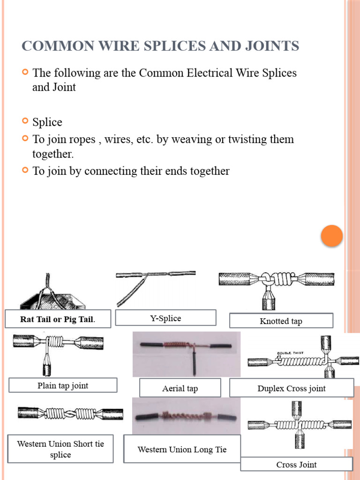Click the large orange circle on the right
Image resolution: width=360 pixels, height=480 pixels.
coord(332,236)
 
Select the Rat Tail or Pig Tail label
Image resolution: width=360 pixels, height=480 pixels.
coord(58,320)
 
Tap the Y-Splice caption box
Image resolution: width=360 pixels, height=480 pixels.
coord(165,318)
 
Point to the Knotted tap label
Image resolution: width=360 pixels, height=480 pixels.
coord(281,321)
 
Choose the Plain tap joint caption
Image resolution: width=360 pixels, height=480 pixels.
coord(63,386)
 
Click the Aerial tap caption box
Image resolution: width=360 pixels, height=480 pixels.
coord(180,388)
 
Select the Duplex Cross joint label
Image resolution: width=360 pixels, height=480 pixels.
coord(291,388)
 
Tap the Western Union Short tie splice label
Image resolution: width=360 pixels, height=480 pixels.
coord(60,449)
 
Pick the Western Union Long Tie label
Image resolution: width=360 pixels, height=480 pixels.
coord(182,450)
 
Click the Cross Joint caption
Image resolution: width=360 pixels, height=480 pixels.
coord(296,465)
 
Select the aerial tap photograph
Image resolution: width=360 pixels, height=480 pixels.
coord(186,354)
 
